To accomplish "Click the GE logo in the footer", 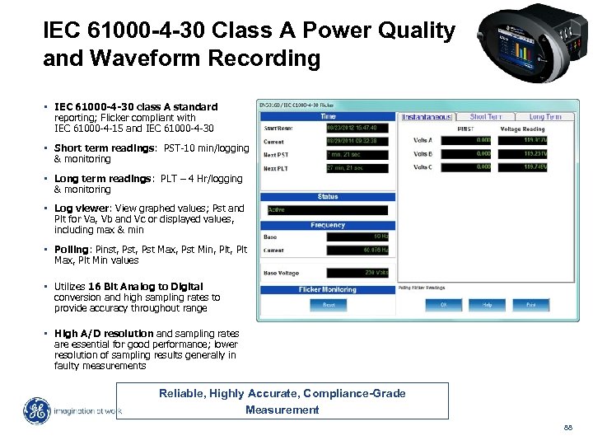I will click(36, 411).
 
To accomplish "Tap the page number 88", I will click(567, 427).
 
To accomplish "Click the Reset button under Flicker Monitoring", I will click(328, 304).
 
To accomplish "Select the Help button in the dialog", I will click(488, 304).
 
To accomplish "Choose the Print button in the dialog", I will click(531, 304).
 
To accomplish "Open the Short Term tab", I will click(486, 117).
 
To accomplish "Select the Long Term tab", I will click(544, 117).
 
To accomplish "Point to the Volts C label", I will click(422, 167).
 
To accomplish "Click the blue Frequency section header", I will click(328, 225).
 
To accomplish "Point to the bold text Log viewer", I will click(81, 208).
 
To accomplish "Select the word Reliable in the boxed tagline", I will click(181, 393).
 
